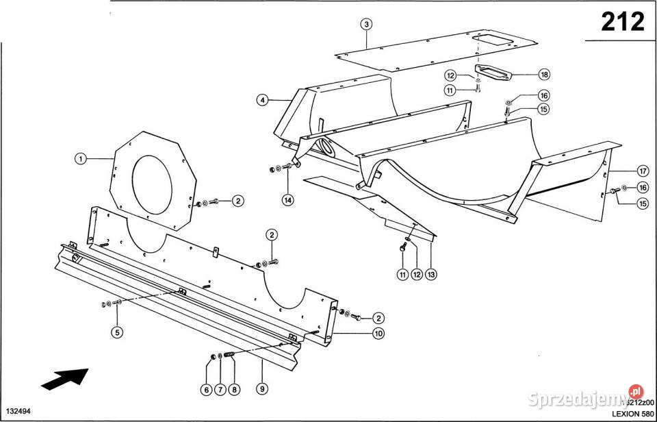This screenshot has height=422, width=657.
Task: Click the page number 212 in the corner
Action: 622,22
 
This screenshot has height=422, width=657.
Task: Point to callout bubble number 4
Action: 262,100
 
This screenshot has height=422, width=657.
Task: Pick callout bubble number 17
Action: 642,171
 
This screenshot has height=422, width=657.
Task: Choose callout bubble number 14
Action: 287,200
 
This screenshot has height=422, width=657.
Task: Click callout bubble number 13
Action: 431,274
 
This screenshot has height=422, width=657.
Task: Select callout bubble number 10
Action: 377,334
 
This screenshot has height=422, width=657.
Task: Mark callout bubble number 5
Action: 118,334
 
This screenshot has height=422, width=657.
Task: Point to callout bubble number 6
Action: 205,390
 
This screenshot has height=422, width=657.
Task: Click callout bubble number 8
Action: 235,390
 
